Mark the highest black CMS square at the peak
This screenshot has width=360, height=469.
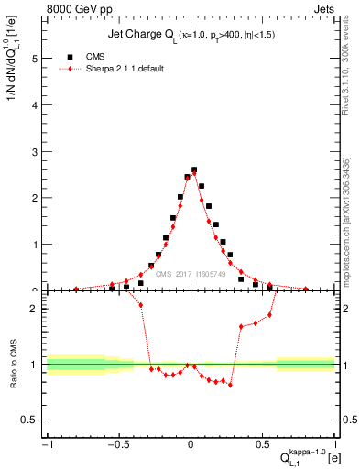coord(194,169)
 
